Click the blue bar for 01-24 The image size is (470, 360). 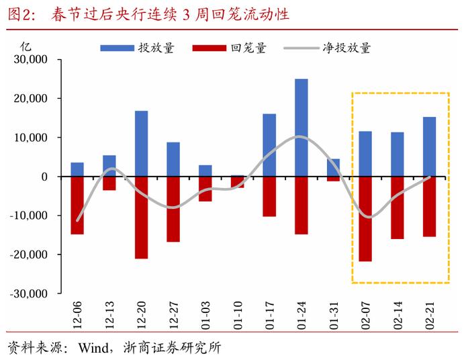point(301,128)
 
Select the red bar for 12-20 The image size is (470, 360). point(141,217)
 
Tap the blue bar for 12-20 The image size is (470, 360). point(141,143)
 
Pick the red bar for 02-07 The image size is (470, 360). point(366,218)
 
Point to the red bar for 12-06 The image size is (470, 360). point(77,205)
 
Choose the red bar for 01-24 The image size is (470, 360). point(301,205)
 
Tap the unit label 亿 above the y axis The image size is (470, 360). point(26,46)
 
